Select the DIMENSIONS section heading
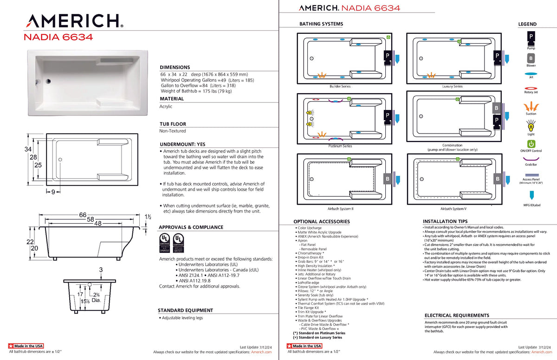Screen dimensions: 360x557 coord(175,67)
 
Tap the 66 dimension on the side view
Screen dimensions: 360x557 coord(83,215)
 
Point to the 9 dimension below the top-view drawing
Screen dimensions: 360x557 coord(53,192)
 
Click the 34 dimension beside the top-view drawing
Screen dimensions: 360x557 coord(28,149)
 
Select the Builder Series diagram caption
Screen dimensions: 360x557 coord(340,86)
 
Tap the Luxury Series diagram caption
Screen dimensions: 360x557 coord(452,86)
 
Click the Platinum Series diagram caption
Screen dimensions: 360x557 coord(340,146)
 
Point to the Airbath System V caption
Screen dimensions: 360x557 coord(453,209)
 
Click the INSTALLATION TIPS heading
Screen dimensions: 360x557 coord(445,221)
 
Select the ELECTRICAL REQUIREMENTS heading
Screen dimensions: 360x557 coord(457,315)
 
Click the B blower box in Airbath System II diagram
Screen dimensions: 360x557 coord(387,179)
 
